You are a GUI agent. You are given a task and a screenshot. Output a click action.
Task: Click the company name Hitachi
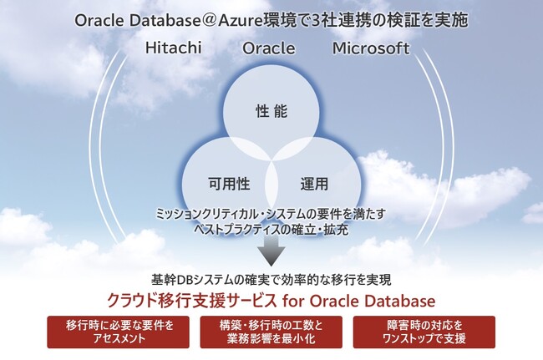click(175, 48)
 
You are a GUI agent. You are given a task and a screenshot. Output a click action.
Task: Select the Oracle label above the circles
click(269, 48)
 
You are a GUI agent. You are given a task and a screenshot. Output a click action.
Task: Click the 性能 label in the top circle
click(271, 109)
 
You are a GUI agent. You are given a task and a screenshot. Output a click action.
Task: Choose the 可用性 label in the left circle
click(228, 181)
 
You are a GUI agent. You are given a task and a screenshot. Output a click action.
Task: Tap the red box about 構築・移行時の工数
click(272, 332)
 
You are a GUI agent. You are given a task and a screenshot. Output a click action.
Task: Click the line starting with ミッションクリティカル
click(271, 214)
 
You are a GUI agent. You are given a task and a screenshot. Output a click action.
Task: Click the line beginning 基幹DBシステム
click(271, 280)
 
